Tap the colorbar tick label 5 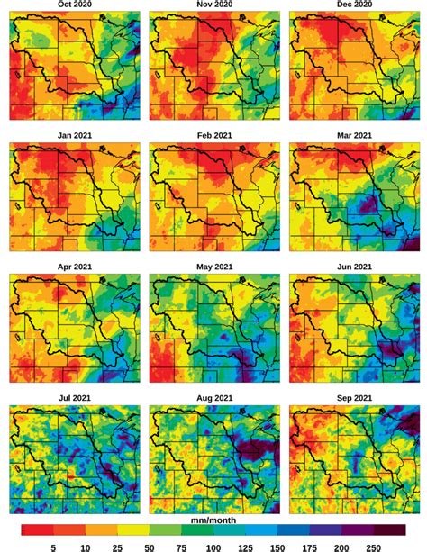click(53, 545)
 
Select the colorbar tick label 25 click(117, 545)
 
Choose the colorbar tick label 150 click(278, 545)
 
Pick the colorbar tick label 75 click(182, 545)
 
